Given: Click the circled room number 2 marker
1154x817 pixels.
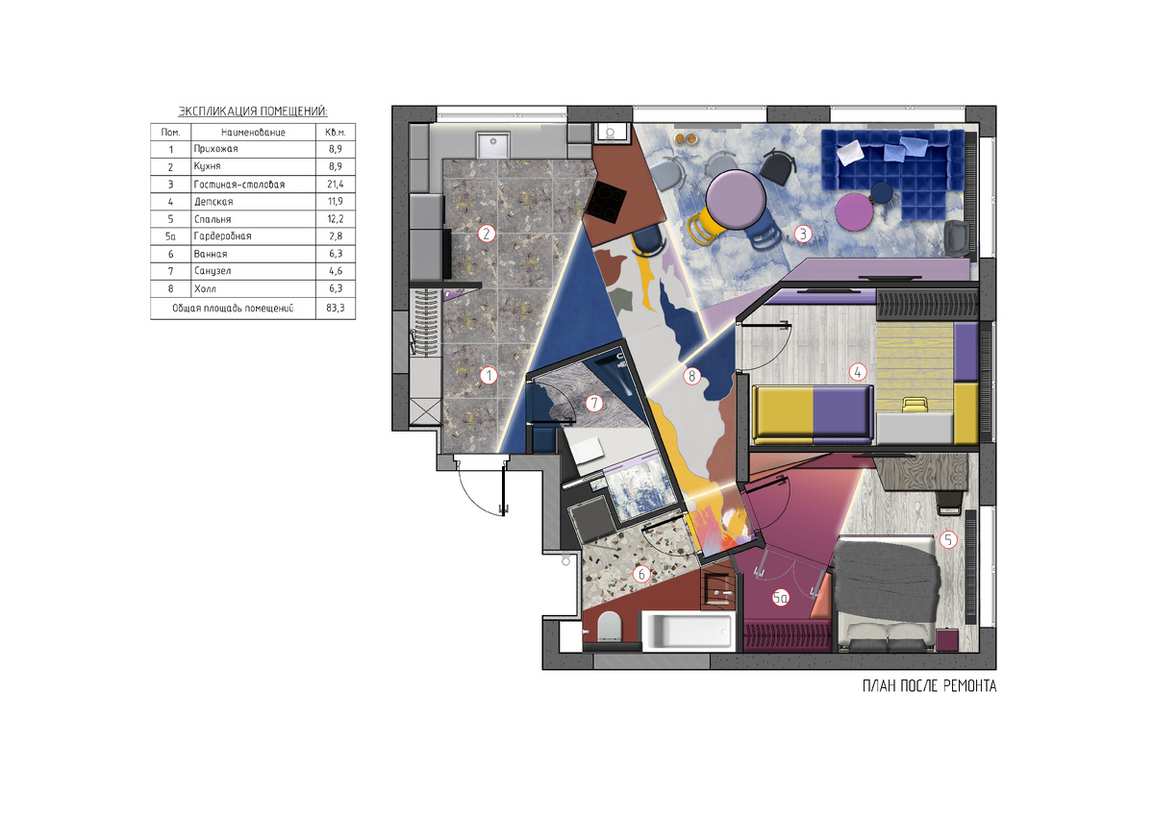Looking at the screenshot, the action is click(x=487, y=234).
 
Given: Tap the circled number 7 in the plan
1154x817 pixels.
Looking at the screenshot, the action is click(x=594, y=403).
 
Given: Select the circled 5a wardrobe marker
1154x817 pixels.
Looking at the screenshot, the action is click(x=781, y=598).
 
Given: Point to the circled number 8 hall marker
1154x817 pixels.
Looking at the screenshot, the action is click(x=691, y=377).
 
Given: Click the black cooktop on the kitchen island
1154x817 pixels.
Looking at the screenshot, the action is click(x=607, y=201).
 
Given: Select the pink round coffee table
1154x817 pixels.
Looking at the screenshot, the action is click(x=854, y=212).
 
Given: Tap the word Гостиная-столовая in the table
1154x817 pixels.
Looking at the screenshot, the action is click(x=239, y=185).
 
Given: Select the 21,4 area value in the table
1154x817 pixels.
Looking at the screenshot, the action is click(x=335, y=184).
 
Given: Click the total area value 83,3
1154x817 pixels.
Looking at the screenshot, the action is click(x=336, y=309).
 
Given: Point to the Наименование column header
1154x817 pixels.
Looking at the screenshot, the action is click(x=253, y=133).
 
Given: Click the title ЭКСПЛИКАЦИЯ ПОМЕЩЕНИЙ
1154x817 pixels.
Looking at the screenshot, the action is click(x=253, y=111).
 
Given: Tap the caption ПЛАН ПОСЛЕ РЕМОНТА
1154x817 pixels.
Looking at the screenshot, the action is click(x=929, y=686).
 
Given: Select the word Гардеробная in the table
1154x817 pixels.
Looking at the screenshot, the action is click(x=222, y=236).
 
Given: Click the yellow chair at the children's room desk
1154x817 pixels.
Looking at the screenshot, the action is click(x=914, y=404).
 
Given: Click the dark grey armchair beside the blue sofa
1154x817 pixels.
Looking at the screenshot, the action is click(x=960, y=237).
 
